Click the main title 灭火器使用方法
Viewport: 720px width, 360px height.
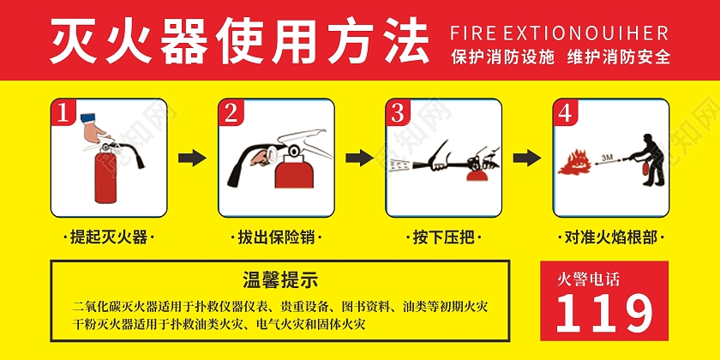(239, 40)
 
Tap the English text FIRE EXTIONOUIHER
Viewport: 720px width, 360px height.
(559, 33)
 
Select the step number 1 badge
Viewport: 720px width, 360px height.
(63, 112)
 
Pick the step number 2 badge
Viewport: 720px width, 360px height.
(231, 112)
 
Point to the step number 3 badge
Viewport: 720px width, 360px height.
(398, 112)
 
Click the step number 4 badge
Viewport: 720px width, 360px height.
(564, 112)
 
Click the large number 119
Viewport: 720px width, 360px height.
(603, 313)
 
